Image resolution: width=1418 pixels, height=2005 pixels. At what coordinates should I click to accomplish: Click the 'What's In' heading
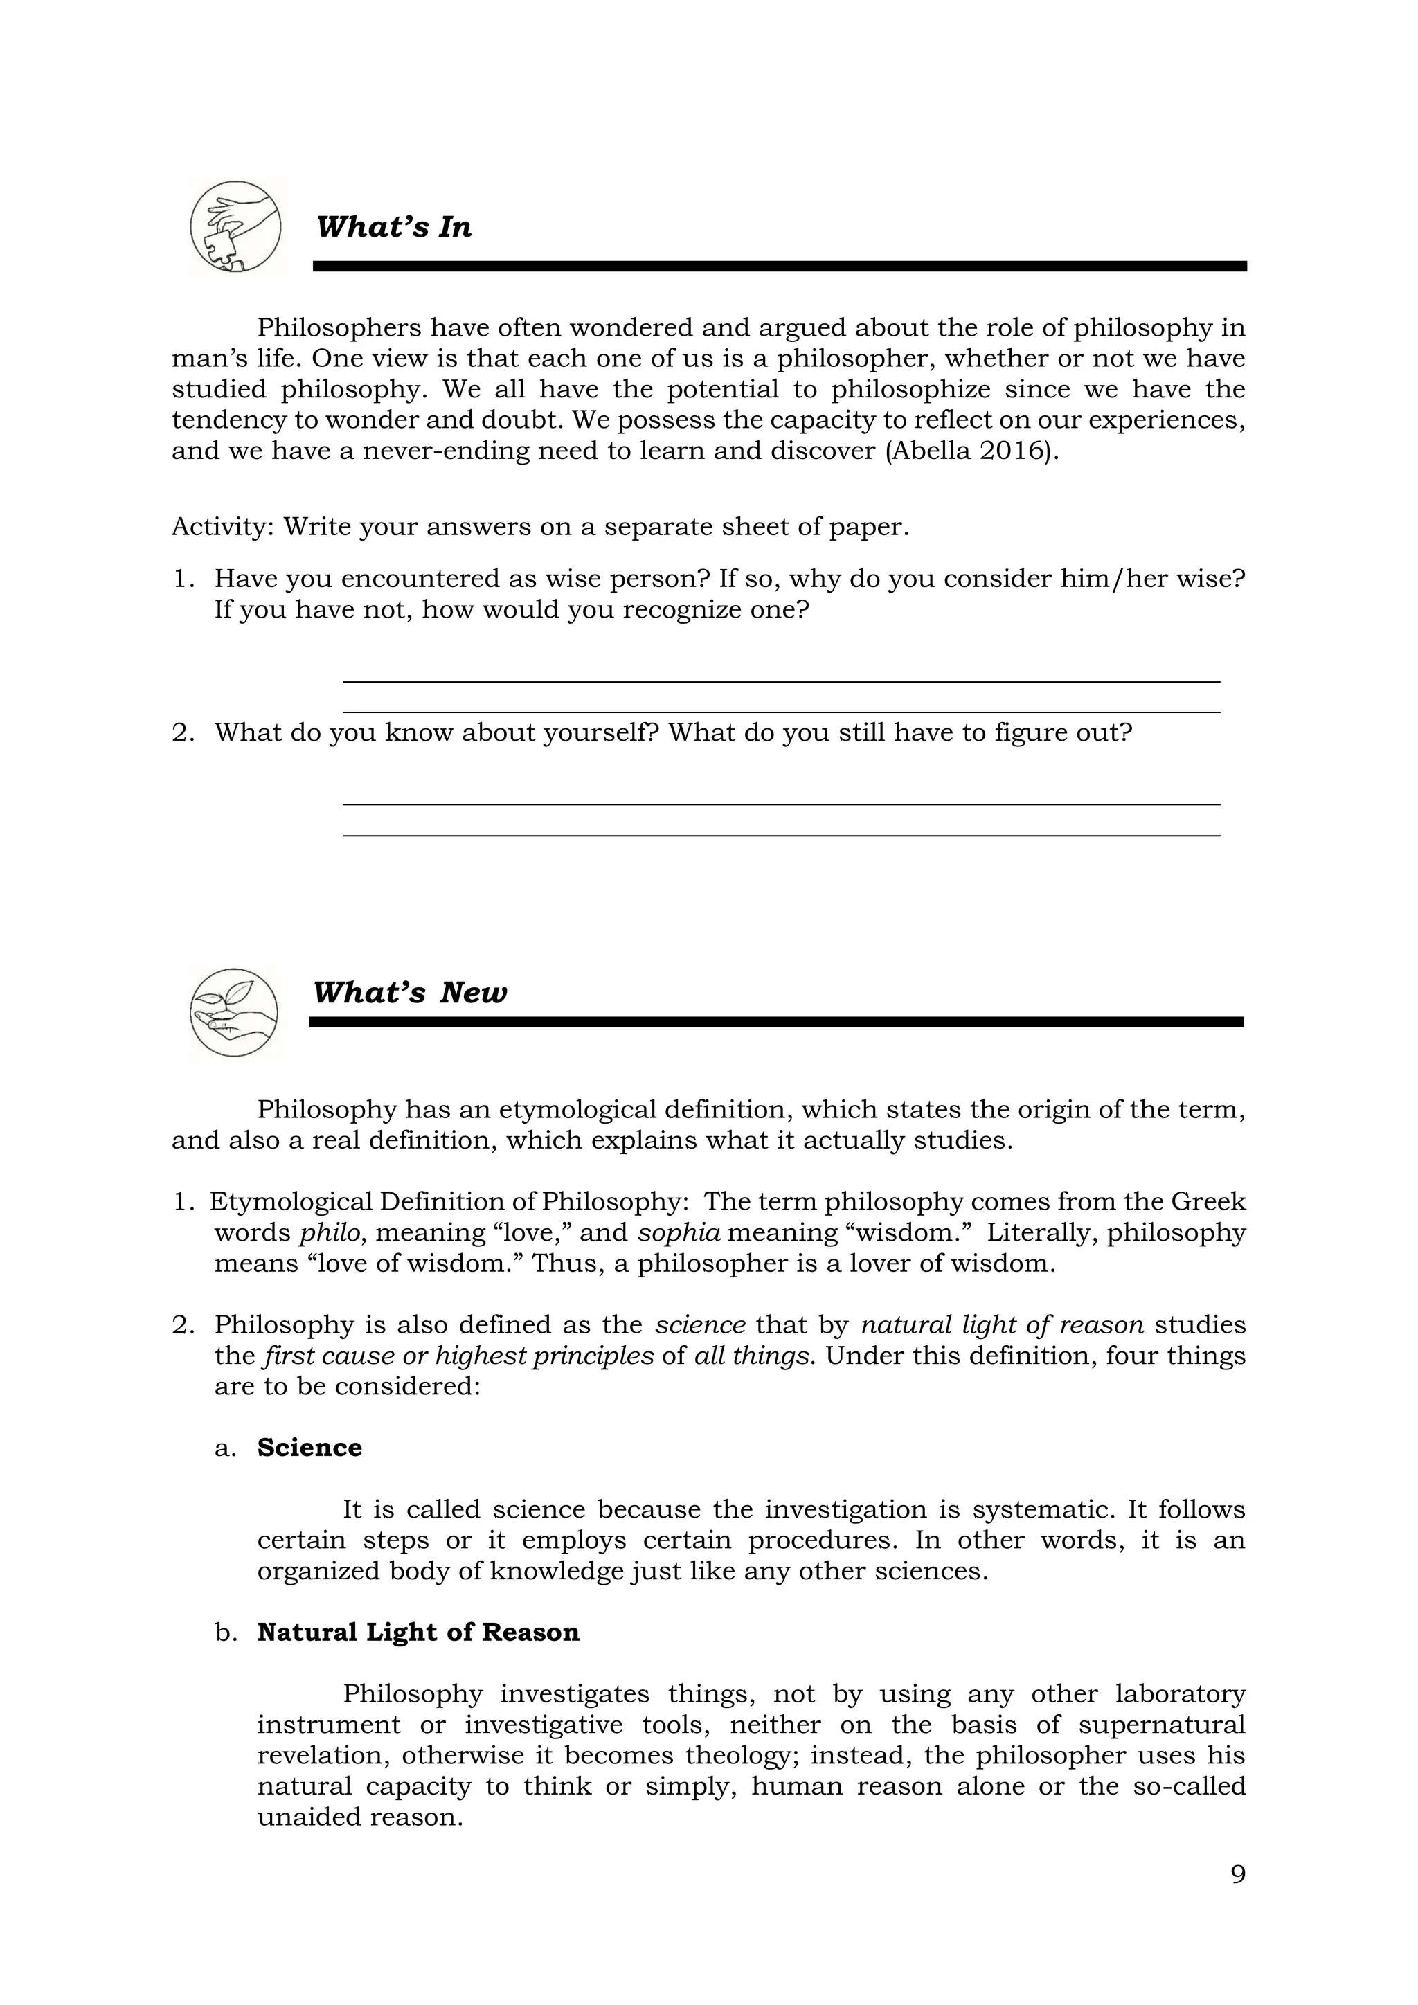click(394, 227)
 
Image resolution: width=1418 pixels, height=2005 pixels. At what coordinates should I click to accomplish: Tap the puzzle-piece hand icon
click(235, 227)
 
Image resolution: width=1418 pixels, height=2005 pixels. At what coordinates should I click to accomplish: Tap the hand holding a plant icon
click(234, 1013)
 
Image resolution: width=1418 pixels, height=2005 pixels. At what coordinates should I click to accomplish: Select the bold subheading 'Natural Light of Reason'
click(418, 1632)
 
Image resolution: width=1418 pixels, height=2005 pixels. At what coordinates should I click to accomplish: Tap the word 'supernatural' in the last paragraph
click(1161, 1725)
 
